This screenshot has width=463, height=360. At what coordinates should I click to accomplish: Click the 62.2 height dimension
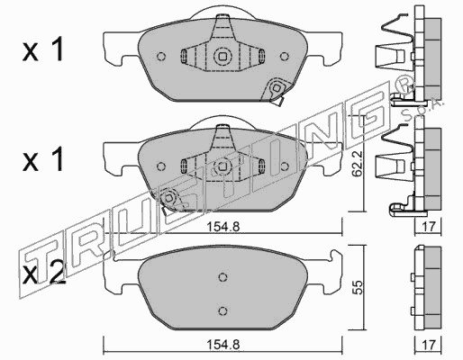click(x=358, y=164)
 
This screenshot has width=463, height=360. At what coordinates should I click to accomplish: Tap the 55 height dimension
click(x=358, y=287)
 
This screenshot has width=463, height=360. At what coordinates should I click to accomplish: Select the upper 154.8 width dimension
click(x=222, y=227)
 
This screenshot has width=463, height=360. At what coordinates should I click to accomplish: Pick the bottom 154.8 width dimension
click(x=222, y=345)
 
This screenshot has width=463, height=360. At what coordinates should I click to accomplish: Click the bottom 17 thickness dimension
click(x=428, y=344)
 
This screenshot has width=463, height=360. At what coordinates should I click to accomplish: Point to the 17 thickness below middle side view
click(x=428, y=227)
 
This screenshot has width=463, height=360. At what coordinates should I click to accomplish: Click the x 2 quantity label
click(x=44, y=274)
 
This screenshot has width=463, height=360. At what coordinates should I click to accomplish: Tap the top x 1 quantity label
click(x=43, y=50)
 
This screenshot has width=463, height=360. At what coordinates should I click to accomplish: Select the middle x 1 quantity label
click(x=43, y=160)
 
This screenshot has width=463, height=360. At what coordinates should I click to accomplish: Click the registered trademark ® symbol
click(x=405, y=84)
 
